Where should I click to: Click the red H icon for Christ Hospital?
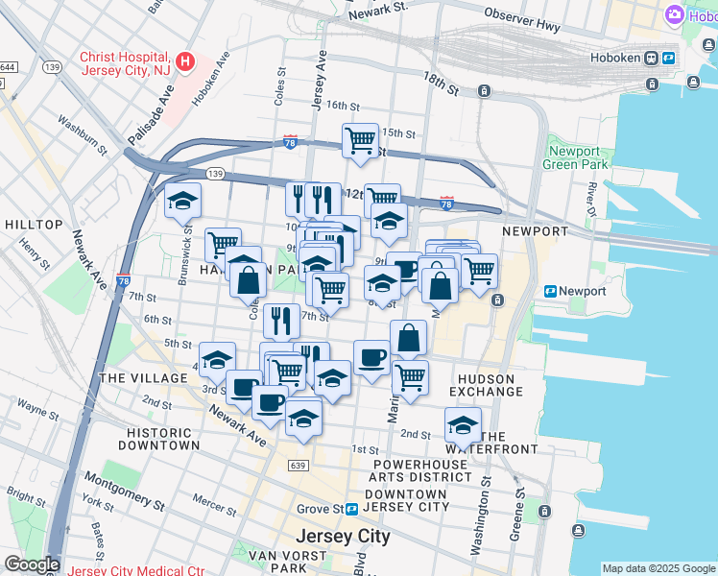(x=186, y=63)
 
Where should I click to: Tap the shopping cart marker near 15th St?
(x=360, y=141)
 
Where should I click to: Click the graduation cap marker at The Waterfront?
(x=463, y=424)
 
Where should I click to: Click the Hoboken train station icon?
(x=651, y=58)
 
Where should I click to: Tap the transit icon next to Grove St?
(x=353, y=508)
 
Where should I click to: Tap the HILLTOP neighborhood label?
(x=34, y=225)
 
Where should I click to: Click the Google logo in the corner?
(x=31, y=564)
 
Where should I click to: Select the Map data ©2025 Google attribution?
(x=658, y=568)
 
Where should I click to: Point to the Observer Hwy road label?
(x=522, y=20)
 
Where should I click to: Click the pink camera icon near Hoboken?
(x=675, y=14)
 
